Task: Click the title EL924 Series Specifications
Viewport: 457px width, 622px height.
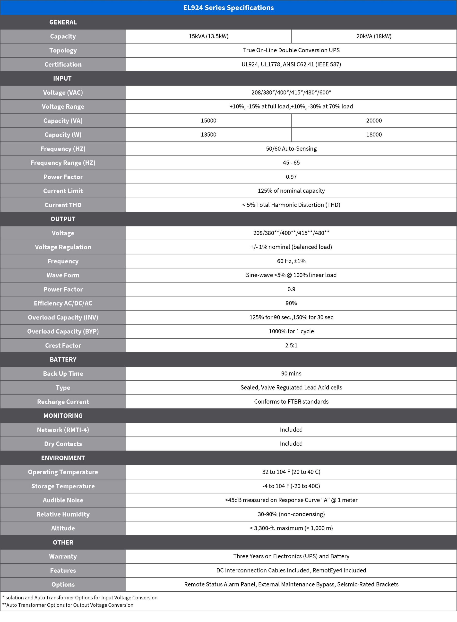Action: click(228, 8)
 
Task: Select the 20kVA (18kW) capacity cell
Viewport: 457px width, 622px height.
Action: click(374, 36)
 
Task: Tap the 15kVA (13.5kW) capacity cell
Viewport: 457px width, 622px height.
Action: click(209, 36)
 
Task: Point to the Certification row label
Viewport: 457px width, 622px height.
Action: click(63, 64)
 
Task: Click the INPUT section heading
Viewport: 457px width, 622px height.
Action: click(62, 78)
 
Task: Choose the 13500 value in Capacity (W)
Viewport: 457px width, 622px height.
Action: click(209, 135)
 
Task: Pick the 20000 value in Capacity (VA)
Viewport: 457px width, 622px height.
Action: click(374, 121)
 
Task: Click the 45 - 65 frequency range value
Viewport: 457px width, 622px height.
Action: click(291, 163)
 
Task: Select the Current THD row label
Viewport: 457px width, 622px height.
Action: click(63, 205)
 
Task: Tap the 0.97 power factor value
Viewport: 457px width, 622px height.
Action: click(291, 177)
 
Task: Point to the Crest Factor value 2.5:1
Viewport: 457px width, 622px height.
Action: click(291, 346)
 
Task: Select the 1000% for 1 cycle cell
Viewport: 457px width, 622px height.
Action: click(291, 331)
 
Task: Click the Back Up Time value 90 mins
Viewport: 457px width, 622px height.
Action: click(291, 374)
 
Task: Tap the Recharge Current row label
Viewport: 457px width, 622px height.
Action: click(63, 402)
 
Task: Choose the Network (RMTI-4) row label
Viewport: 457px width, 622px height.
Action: click(63, 430)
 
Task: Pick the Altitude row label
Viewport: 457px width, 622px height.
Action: click(63, 528)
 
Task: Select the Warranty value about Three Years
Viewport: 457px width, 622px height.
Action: click(291, 556)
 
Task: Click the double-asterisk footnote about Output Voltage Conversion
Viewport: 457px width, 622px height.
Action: click(68, 605)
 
